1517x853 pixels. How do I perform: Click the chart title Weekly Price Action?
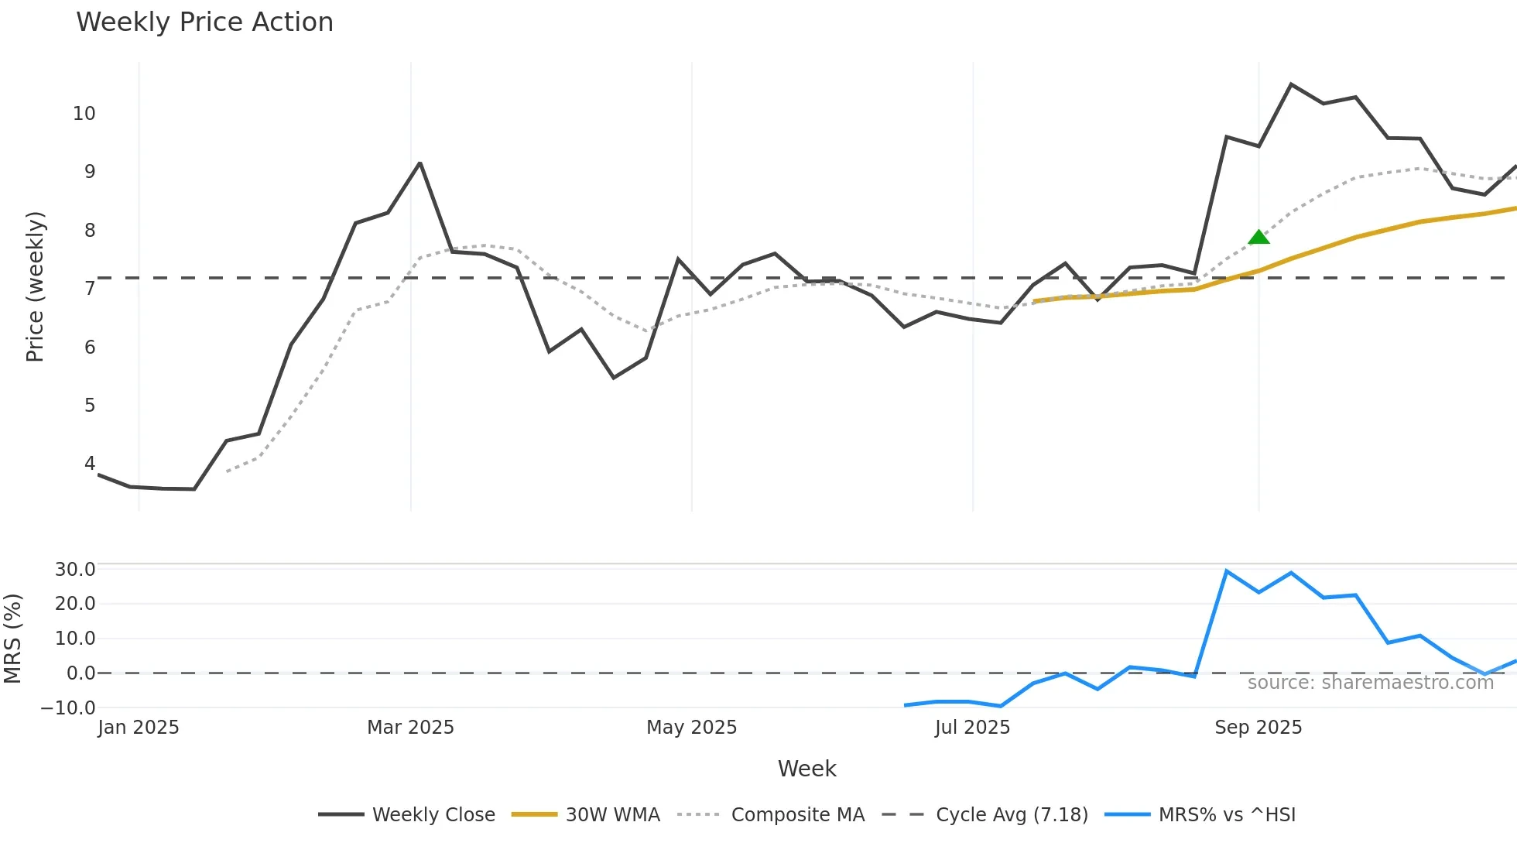204,22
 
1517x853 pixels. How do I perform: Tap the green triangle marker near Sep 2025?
1258,237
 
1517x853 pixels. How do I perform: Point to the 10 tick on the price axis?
84,114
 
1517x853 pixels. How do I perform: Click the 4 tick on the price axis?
90,464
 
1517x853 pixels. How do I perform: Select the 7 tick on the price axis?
90,289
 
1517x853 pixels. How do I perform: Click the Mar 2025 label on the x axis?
410,728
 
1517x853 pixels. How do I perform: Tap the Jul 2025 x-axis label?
972,728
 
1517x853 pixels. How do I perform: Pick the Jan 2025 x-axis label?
139,728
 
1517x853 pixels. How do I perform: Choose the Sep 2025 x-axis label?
1258,728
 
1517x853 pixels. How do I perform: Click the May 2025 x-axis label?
691,728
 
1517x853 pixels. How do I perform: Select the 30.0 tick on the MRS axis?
75,570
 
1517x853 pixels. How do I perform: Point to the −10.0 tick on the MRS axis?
68,707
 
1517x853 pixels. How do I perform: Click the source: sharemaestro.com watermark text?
1370,683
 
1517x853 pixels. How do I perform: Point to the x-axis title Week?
806,769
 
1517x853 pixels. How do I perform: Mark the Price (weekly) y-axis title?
35,286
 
